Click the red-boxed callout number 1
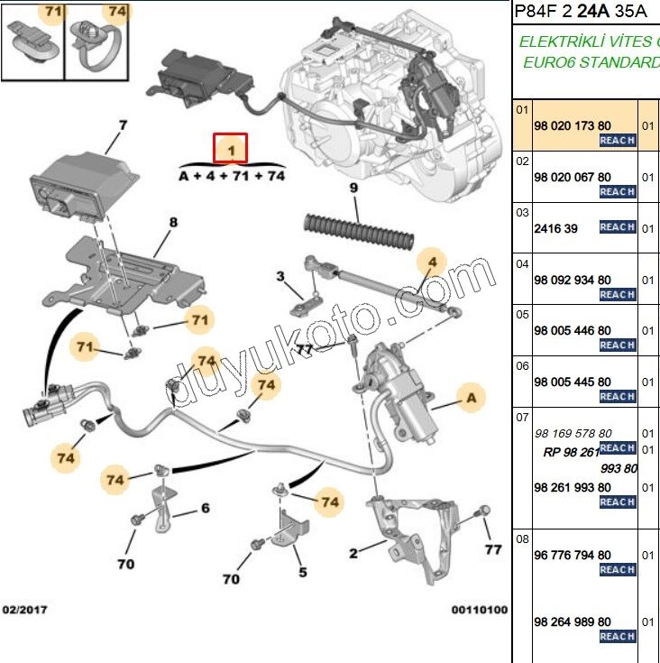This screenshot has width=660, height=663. click(x=231, y=147)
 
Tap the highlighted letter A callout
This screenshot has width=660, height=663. click(x=470, y=396)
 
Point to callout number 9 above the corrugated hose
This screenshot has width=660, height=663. click(x=354, y=188)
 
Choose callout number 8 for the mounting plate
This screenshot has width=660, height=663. click(x=172, y=222)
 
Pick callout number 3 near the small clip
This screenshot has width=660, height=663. click(x=281, y=276)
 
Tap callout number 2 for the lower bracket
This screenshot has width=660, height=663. click(x=354, y=552)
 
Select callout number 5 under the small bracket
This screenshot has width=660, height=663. click(x=303, y=572)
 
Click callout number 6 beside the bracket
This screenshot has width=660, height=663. click(x=206, y=509)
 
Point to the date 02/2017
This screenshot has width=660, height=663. click(x=24, y=610)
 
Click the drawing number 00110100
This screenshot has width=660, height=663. click(x=480, y=610)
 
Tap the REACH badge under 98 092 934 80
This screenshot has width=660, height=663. click(x=618, y=295)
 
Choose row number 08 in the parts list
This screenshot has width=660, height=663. click(x=523, y=539)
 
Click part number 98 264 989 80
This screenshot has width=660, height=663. click(x=573, y=622)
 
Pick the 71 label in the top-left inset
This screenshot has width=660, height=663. click(x=53, y=12)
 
